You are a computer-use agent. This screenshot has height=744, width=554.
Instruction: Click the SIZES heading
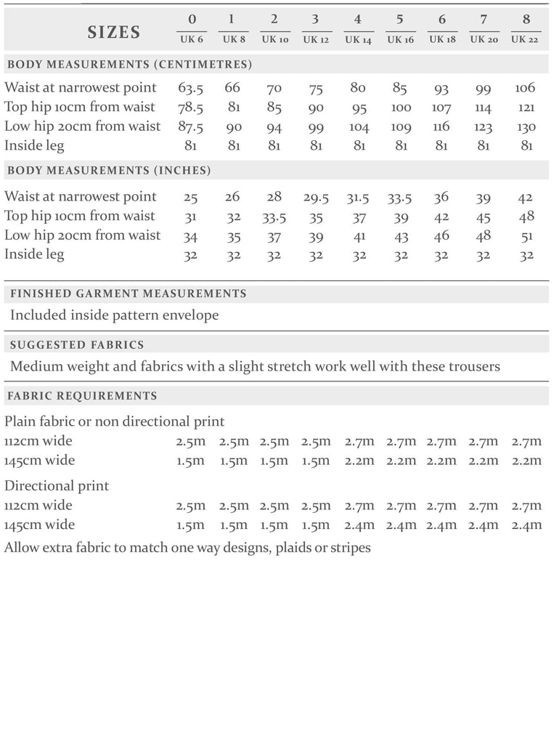(113, 32)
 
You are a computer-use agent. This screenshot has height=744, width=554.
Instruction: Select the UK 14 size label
(358, 39)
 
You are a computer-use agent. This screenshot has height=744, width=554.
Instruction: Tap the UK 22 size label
(526, 39)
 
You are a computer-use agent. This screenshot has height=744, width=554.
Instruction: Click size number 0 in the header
(190, 20)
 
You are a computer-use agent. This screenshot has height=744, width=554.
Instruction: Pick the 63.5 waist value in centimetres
(190, 88)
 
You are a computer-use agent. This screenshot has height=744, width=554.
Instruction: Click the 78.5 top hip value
(190, 108)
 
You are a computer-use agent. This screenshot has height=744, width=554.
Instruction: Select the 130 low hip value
(526, 127)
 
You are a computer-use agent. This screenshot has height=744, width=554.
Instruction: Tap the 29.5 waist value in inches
(316, 197)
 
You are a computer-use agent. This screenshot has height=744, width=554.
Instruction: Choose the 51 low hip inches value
(527, 235)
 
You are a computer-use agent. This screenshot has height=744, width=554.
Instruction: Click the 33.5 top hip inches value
(274, 217)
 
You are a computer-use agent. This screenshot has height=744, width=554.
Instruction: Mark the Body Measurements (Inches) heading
(109, 171)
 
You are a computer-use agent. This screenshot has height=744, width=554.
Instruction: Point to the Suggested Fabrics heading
(76, 345)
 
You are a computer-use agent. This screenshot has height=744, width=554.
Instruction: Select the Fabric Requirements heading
(81, 396)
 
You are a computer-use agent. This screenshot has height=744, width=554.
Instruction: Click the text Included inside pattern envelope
(114, 315)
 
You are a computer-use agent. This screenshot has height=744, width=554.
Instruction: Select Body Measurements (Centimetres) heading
(129, 65)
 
